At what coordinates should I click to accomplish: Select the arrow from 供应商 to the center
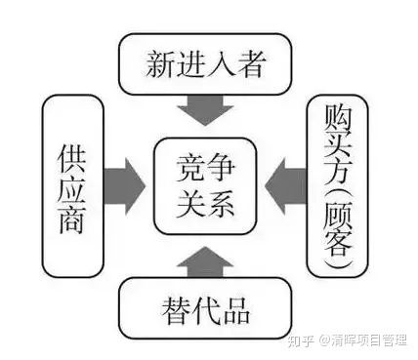pyautogui.click(x=121, y=181)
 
